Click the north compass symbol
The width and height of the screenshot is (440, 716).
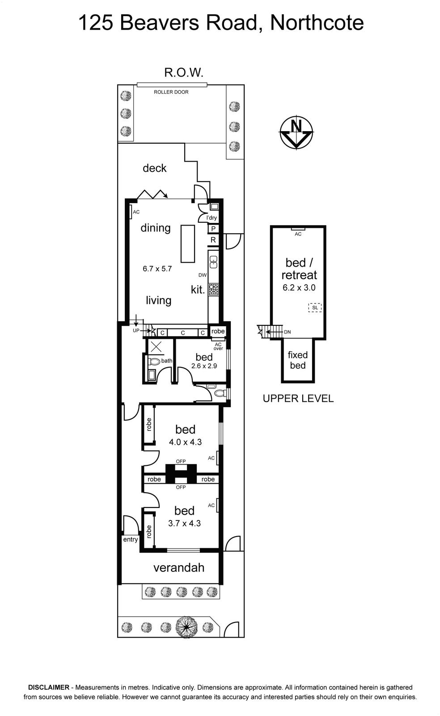296,132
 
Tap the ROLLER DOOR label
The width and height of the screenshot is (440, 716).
171,92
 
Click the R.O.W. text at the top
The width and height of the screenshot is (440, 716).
184,72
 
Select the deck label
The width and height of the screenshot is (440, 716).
155,168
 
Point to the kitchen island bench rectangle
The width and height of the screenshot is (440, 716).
188,243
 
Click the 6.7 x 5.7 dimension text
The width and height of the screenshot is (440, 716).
157,268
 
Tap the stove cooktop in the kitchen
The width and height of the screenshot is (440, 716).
214,290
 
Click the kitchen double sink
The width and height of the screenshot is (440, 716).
213,262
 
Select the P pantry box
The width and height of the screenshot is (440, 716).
213,229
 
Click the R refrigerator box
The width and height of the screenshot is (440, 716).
213,240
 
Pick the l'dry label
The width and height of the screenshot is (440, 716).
212,217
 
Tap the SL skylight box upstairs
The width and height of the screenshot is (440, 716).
315,307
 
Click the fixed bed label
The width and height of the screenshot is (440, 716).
298,360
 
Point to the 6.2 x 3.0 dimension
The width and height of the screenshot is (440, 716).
299,287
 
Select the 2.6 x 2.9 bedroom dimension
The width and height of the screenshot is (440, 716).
204,366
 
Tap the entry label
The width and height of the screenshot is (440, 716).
130,539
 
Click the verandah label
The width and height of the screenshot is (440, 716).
179,567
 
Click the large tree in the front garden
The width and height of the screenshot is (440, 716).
186,626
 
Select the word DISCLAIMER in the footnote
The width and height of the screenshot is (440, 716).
49,687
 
